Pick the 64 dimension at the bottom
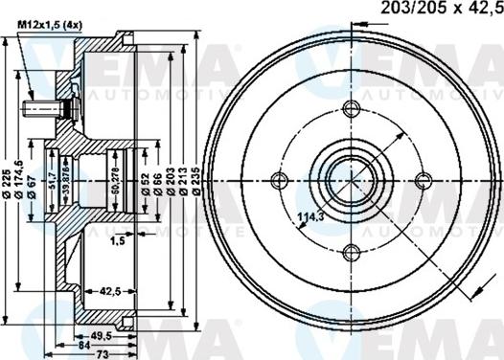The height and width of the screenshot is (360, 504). (84, 346)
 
